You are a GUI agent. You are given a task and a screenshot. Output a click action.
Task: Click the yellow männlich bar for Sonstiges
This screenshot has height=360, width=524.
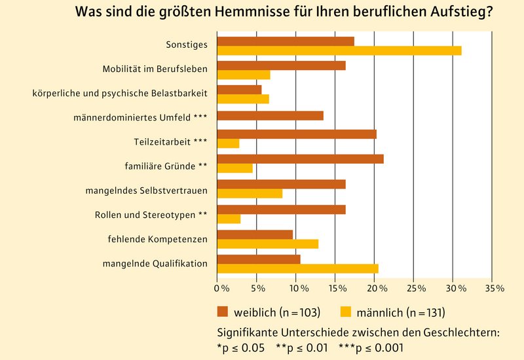339,51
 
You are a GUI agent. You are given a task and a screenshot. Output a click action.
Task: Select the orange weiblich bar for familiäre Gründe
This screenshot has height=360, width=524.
300,158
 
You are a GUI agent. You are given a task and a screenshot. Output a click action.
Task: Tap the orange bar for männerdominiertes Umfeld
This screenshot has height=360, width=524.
270,116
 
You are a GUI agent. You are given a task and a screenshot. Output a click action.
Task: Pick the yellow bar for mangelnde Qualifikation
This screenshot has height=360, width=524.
297,268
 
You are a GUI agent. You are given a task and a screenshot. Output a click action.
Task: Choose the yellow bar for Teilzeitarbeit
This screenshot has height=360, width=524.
228,143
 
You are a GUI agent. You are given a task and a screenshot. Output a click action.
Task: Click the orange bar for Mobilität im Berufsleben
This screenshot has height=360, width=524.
281,65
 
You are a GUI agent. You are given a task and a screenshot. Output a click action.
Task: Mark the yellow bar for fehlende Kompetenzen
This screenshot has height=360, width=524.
267,244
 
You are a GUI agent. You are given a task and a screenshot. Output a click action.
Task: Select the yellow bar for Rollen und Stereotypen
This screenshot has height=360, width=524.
229,219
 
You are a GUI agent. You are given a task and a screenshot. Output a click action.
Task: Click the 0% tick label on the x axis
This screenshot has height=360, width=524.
221,288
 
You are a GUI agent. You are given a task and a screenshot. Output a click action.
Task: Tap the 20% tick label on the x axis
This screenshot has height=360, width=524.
376,288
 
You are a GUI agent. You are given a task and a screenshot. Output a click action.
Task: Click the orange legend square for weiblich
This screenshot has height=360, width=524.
222,311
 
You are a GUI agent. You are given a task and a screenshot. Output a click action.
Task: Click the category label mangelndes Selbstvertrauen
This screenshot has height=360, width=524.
147,191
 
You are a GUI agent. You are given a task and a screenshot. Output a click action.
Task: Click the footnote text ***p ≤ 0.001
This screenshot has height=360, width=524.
369,348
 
